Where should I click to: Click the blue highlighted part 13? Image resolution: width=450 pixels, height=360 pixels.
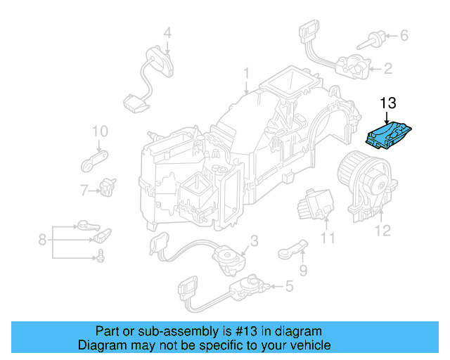pos(391,135)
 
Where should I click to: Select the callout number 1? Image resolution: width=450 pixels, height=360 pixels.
pos(247,73)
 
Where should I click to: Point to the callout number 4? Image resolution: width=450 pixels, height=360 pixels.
pos(167,32)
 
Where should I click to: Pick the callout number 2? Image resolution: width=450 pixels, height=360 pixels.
pos(388,68)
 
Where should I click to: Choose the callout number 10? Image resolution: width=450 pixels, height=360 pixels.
pos(99,131)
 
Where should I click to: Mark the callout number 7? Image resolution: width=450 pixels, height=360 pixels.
pos(84,190)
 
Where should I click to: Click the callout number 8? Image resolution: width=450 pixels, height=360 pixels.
pos(43,240)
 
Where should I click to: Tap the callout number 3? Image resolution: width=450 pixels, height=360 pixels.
pos(254,240)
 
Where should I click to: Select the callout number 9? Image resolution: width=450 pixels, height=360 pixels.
pos(303,270)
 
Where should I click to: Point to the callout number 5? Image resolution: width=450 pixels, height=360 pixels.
pos(289,286)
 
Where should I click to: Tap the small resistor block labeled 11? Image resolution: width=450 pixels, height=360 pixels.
pos(313,202)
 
